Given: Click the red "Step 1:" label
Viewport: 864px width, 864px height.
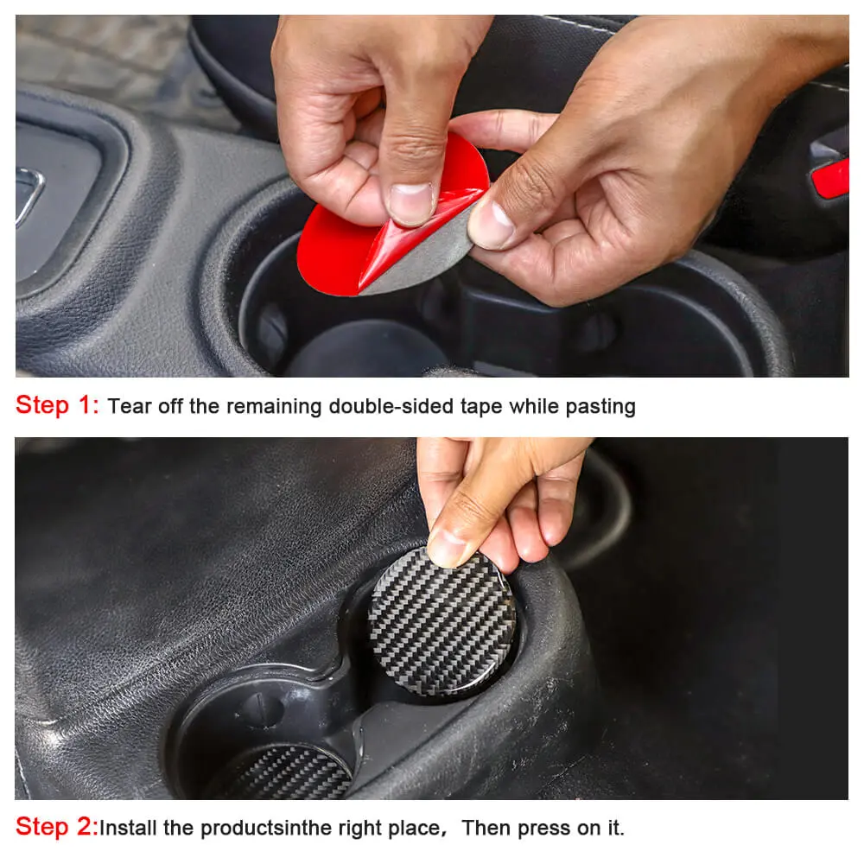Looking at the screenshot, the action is [x=57, y=405].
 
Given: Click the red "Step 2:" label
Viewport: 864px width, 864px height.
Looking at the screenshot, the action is [x=57, y=827].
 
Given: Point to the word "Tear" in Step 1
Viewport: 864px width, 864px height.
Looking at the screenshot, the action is [x=130, y=406].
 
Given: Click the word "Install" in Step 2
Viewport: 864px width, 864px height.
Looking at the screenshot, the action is [x=128, y=828].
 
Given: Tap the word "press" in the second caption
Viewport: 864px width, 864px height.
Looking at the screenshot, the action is [x=544, y=829].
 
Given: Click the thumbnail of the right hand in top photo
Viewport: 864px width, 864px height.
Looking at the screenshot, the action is [x=491, y=223].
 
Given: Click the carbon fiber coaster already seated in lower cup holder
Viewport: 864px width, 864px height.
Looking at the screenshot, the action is [x=287, y=771].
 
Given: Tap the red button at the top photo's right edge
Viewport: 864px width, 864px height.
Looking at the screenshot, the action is [x=830, y=177].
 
